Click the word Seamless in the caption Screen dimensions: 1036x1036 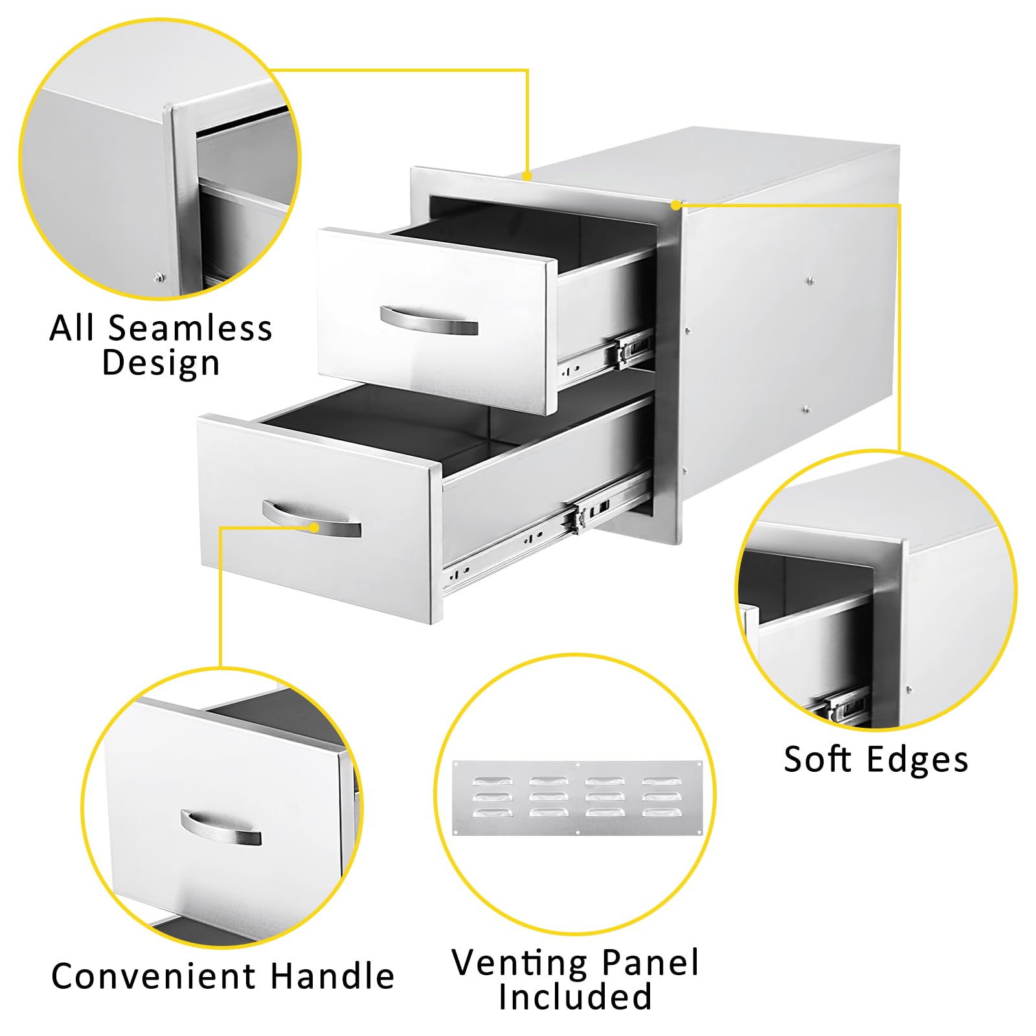pyautogui.click(x=190, y=328)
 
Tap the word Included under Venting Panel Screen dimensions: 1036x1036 pyautogui.click(x=575, y=997)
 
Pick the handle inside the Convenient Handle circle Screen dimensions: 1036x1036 pyautogui.click(x=220, y=829)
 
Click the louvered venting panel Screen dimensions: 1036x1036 pyautogui.click(x=577, y=798)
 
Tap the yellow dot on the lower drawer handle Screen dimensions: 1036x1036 pyautogui.click(x=314, y=527)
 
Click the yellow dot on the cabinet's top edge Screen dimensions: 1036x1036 pyautogui.click(x=528, y=175)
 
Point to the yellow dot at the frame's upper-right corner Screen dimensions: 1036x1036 pyautogui.click(x=675, y=205)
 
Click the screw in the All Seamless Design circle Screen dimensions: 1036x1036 pyautogui.click(x=158, y=278)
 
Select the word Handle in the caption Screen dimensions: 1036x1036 pyautogui.click(x=332, y=976)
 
